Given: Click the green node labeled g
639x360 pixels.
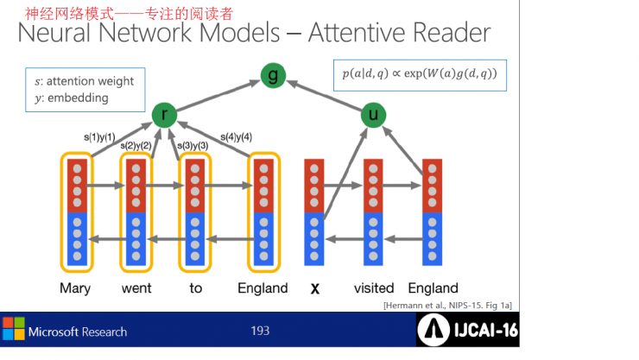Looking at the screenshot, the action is [x=273, y=75].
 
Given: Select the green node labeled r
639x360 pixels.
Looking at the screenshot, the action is [x=164, y=115].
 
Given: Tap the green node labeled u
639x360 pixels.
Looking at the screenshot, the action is [x=373, y=115].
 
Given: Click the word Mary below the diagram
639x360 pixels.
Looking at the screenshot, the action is [x=75, y=288].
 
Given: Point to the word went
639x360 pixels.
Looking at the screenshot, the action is [x=136, y=288].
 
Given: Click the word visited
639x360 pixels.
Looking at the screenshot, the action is [x=374, y=288].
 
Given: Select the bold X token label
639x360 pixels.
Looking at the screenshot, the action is [x=314, y=288].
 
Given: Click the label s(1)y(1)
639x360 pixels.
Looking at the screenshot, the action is [x=99, y=137].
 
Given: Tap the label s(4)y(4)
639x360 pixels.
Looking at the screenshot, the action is [x=236, y=137].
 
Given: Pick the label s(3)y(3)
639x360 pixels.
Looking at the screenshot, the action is [x=193, y=146].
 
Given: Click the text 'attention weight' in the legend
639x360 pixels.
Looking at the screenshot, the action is [x=90, y=81].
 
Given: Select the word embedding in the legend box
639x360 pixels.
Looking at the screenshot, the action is [x=78, y=98].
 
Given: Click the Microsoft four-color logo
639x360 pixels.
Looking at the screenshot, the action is [x=14, y=329].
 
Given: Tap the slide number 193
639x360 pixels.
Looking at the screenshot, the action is [x=260, y=331].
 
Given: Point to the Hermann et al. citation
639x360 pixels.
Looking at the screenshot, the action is [x=447, y=306].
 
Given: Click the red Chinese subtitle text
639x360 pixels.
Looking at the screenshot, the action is [x=129, y=14].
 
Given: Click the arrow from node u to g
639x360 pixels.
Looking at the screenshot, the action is [x=325, y=96].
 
